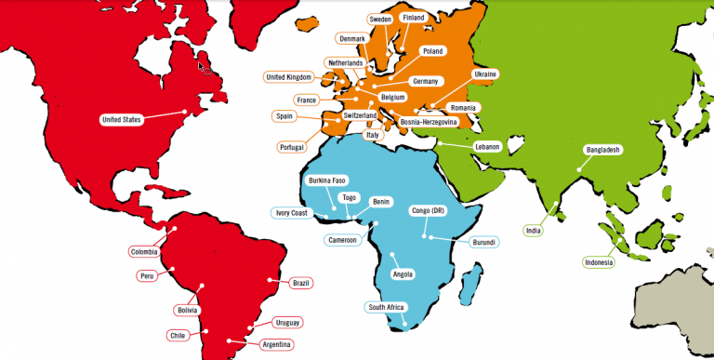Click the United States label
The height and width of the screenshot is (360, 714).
(x=120, y=119)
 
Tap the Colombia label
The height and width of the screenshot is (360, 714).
(x=143, y=250)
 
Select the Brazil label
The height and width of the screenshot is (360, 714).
(x=300, y=283)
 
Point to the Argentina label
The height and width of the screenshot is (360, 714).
(x=277, y=344)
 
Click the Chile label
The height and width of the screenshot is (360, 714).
(x=178, y=335)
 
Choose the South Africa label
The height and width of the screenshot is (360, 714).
(x=385, y=307)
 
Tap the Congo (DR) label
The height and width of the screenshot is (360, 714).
(x=428, y=211)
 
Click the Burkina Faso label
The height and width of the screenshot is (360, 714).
(x=326, y=180)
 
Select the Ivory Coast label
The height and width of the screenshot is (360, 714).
(x=291, y=213)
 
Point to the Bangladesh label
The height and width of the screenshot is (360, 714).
(x=602, y=150)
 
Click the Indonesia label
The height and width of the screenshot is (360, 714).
(x=599, y=262)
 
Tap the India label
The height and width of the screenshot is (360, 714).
(x=533, y=231)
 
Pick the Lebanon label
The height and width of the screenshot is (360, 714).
(x=487, y=147)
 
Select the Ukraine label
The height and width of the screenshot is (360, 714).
(x=485, y=73)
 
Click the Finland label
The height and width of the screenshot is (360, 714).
(x=412, y=18)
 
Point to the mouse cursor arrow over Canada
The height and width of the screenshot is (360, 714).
(x=204, y=64)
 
